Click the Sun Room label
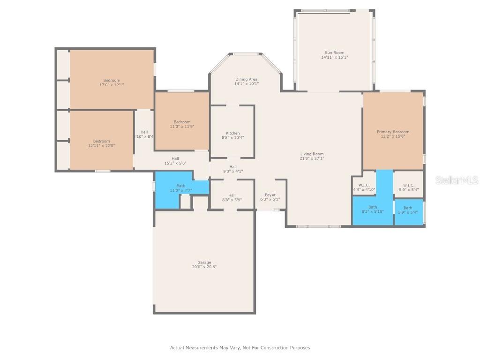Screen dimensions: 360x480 click(x=335, y=52)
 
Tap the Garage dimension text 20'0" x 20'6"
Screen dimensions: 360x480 click(x=204, y=267)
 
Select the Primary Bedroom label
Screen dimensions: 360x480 click(x=393, y=132)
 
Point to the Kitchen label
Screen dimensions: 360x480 click(x=232, y=133)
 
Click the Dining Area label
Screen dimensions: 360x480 click(x=247, y=79)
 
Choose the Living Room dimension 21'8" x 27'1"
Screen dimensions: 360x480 click(x=312, y=158)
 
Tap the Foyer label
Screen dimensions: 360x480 click(x=270, y=195)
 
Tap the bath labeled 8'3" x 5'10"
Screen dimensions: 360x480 click(x=372, y=209)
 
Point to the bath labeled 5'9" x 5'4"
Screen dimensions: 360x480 click(x=408, y=210)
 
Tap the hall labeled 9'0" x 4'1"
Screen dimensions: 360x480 click(x=232, y=169)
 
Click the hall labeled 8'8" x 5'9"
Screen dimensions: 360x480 click(x=232, y=197)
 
